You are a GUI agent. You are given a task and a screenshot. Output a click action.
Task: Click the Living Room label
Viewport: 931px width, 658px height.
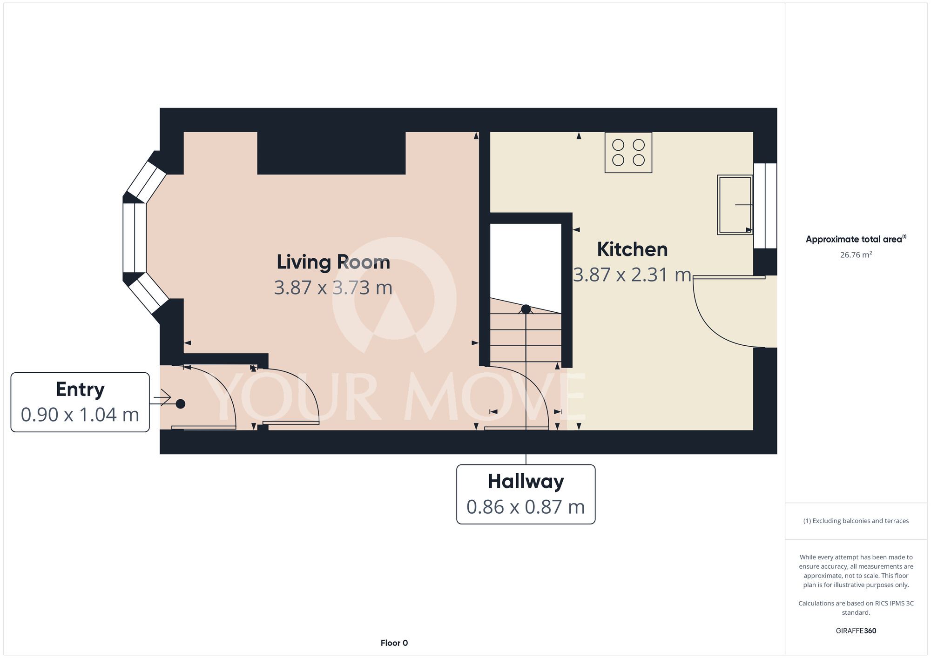(x=333, y=262)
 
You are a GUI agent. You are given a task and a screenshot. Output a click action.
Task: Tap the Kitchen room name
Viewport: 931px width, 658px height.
(x=632, y=249)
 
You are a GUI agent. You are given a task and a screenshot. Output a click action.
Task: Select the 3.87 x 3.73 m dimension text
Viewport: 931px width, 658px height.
(x=333, y=288)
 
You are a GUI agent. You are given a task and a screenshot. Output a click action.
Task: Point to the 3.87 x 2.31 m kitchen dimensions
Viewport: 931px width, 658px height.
(x=632, y=275)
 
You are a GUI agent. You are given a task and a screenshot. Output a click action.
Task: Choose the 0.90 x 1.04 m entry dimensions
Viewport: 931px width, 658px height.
(x=80, y=415)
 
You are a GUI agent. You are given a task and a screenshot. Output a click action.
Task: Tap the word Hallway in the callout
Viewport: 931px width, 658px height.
(x=526, y=482)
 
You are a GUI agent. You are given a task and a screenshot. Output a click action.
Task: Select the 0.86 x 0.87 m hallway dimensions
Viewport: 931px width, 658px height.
(x=526, y=507)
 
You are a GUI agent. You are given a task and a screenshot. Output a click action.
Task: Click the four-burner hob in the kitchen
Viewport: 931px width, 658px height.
(x=628, y=153)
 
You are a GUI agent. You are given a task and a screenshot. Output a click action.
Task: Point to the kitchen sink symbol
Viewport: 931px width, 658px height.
(x=735, y=205)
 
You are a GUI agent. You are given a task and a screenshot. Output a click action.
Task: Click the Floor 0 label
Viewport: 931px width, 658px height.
(x=394, y=643)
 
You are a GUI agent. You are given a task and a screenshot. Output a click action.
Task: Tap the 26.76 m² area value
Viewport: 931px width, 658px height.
(x=856, y=255)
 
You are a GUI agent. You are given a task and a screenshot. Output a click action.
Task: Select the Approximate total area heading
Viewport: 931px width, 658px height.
(x=856, y=239)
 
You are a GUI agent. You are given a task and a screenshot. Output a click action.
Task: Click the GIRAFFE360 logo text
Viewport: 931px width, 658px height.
(x=856, y=631)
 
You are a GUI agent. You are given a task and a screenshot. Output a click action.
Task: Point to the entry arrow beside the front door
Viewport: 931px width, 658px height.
(x=162, y=398)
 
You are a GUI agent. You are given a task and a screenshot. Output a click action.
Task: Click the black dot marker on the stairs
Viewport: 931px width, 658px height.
(x=526, y=309)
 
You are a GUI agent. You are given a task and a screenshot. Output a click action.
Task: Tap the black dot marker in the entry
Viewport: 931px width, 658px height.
(x=181, y=404)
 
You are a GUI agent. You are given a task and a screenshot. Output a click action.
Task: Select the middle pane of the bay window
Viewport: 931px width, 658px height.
(x=135, y=238)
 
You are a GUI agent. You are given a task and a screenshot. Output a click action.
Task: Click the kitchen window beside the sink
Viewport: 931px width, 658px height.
(x=765, y=206)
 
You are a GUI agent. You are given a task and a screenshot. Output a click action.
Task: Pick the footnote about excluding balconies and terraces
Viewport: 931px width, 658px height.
(x=856, y=521)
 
